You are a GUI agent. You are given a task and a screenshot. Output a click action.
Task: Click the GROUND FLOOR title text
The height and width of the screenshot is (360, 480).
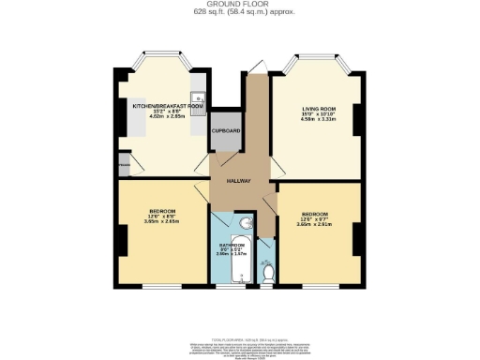(x=240, y=4)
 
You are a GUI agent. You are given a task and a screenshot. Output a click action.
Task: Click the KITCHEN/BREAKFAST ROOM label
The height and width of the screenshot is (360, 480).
(x=168, y=107)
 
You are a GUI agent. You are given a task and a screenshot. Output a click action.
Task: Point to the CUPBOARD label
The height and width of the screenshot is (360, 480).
(x=225, y=131)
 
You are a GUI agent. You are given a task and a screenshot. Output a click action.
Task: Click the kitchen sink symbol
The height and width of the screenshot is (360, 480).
(x=200, y=99)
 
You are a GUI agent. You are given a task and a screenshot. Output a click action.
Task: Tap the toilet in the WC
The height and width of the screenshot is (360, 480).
(x=267, y=273)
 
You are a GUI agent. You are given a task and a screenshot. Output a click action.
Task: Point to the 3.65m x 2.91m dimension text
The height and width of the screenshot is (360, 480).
(x=314, y=224)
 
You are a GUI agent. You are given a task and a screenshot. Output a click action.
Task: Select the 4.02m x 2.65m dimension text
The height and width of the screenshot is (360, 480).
(x=166, y=119)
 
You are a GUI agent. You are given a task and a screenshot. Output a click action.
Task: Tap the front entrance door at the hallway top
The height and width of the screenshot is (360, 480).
(x=258, y=66)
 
